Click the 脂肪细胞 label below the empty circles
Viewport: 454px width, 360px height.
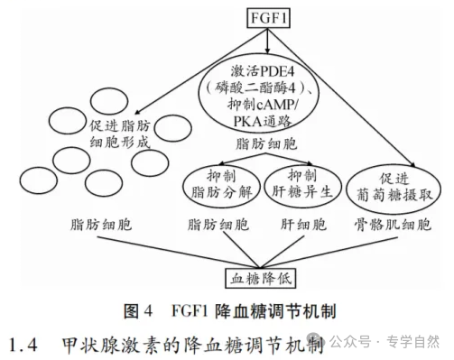click(99, 222)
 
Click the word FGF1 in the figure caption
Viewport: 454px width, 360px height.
click(190, 312)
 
